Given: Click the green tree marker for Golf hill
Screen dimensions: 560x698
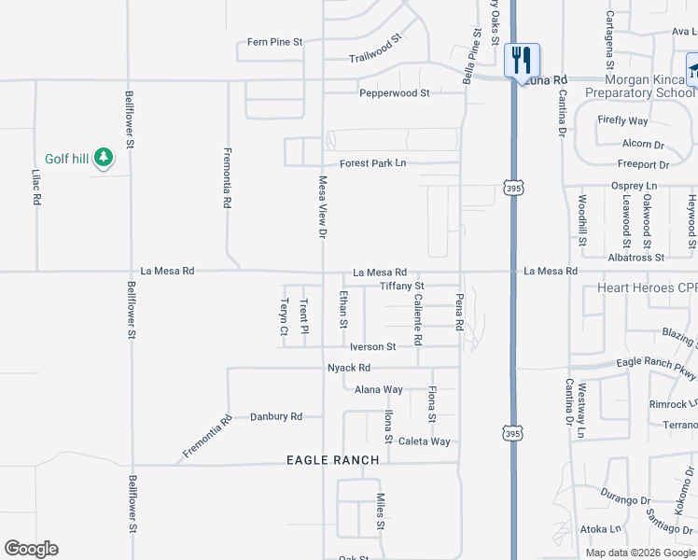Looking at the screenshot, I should click(104, 158).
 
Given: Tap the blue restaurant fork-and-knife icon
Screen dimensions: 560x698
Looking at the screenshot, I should click(522, 60).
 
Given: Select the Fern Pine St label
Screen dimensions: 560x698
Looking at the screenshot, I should click(275, 42).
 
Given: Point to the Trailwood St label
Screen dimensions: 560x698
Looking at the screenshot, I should click(375, 50).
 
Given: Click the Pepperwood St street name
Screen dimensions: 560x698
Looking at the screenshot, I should click(395, 93).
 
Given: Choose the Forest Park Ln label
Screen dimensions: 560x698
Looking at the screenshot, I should click(373, 163).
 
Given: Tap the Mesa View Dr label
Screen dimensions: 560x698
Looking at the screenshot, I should click(323, 206).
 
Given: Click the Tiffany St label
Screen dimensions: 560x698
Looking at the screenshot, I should click(401, 286).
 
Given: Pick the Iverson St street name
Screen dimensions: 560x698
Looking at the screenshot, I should click(372, 346).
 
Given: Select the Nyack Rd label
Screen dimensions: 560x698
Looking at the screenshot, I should click(349, 368).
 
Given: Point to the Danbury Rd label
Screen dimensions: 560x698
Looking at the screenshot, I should click(276, 416).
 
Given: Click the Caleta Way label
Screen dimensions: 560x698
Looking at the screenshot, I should click(424, 441).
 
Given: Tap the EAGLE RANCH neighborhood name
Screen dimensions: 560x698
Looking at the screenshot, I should click(333, 460).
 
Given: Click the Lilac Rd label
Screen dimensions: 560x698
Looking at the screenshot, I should click(36, 187).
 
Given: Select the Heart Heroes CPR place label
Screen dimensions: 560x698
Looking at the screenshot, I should click(647, 287).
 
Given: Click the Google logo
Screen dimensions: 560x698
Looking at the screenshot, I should click(31, 549).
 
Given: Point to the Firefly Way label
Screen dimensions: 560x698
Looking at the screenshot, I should click(622, 121).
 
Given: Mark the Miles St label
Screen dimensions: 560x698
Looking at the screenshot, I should click(381, 512).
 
